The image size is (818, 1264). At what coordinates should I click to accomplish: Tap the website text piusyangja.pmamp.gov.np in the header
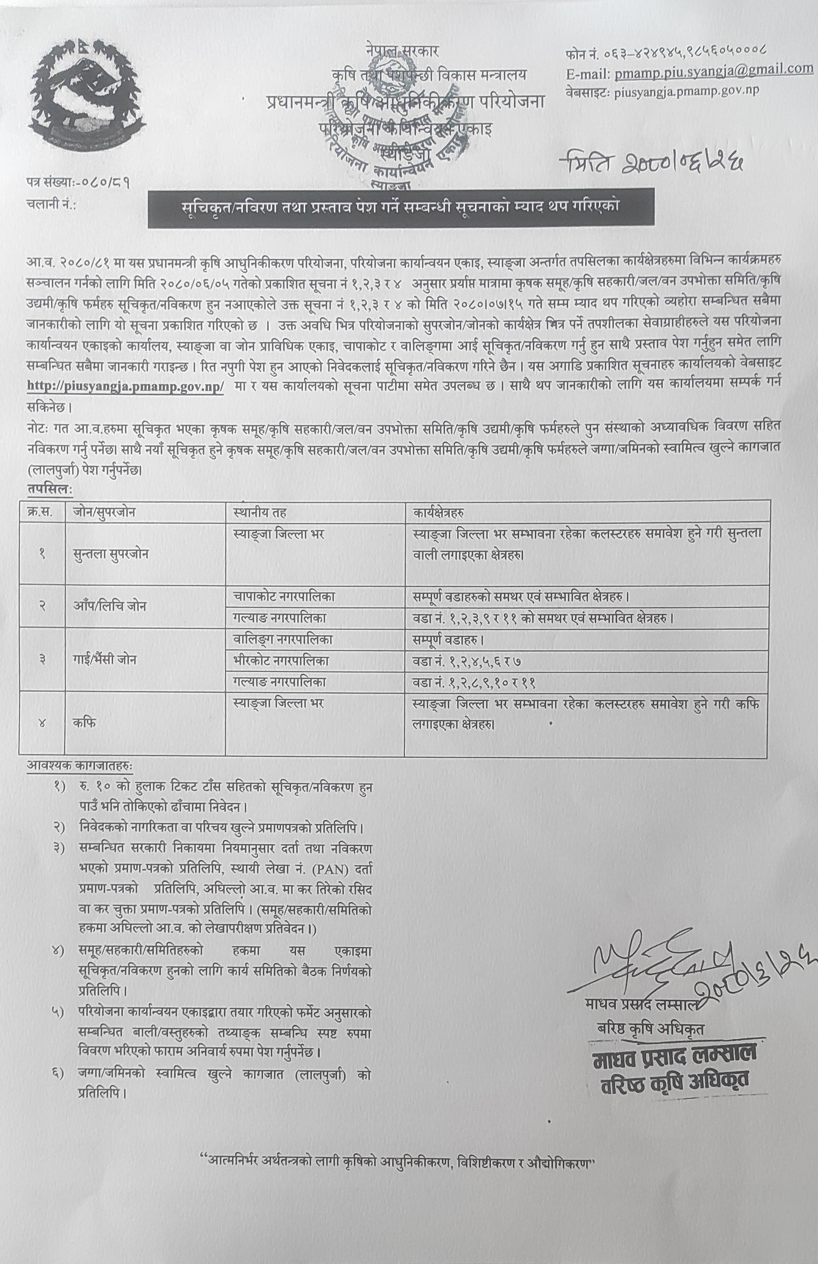coord(686,91)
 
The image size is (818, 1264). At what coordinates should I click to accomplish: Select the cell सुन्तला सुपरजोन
coord(110,553)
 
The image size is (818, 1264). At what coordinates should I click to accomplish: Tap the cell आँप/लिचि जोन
coord(109,606)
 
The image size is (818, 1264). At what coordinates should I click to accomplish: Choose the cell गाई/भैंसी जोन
coord(105,659)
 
